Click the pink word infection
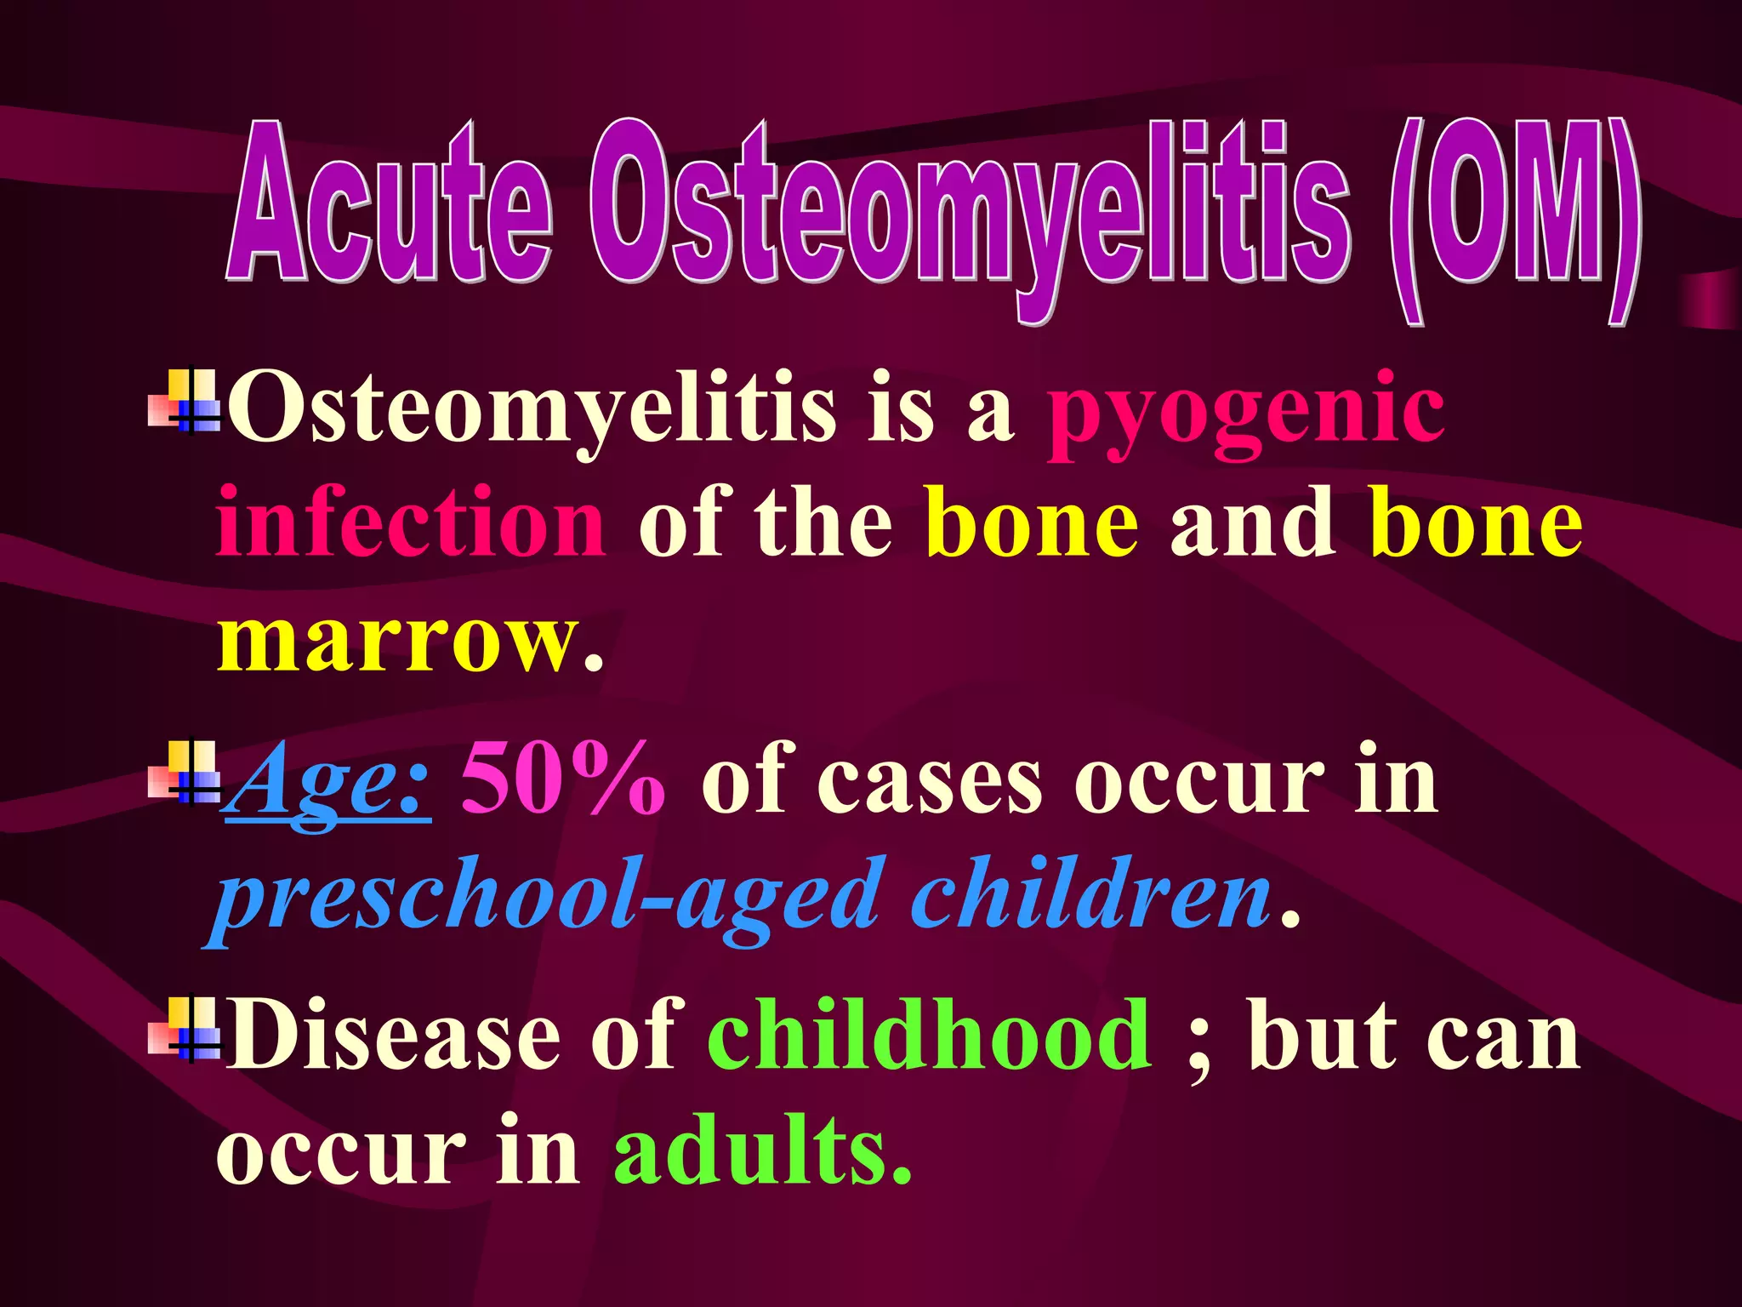(x=410, y=522)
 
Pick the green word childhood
(x=930, y=1034)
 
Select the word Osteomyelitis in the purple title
(x=970, y=213)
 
